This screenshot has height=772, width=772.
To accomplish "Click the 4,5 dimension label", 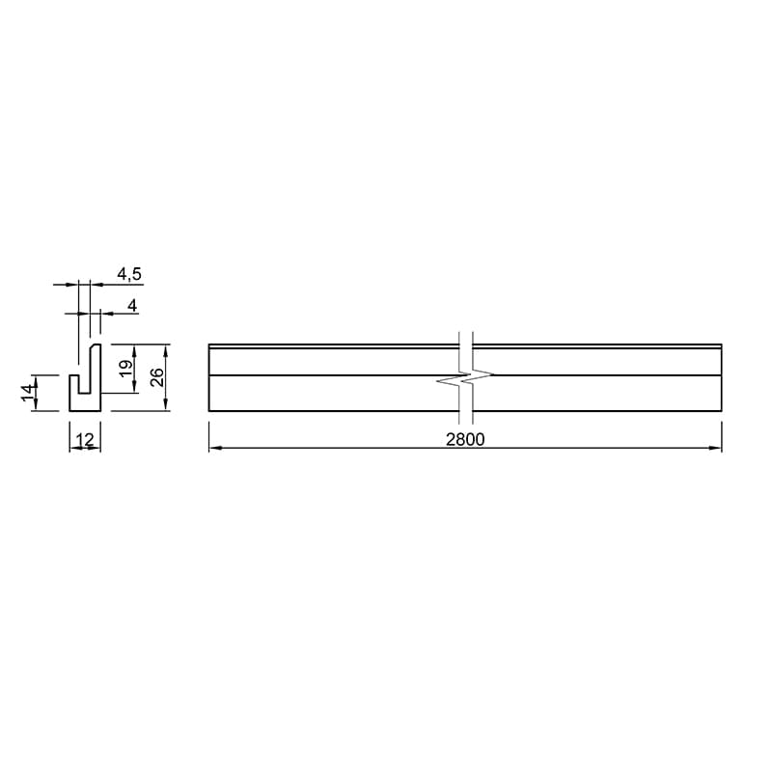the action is click(129, 274).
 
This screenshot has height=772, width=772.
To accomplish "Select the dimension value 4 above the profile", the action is click(132, 306).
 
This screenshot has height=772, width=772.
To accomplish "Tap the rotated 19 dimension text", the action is click(126, 368).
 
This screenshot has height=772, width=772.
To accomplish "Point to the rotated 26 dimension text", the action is click(156, 377).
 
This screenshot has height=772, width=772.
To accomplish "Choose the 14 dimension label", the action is click(29, 393).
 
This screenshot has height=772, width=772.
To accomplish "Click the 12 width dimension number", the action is click(85, 439).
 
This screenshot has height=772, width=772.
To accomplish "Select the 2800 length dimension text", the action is click(465, 439).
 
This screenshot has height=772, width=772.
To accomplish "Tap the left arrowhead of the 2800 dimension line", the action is click(215, 448).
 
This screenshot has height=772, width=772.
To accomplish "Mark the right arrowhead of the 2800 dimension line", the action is click(715, 448).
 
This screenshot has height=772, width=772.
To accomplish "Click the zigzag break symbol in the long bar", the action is click(465, 378).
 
